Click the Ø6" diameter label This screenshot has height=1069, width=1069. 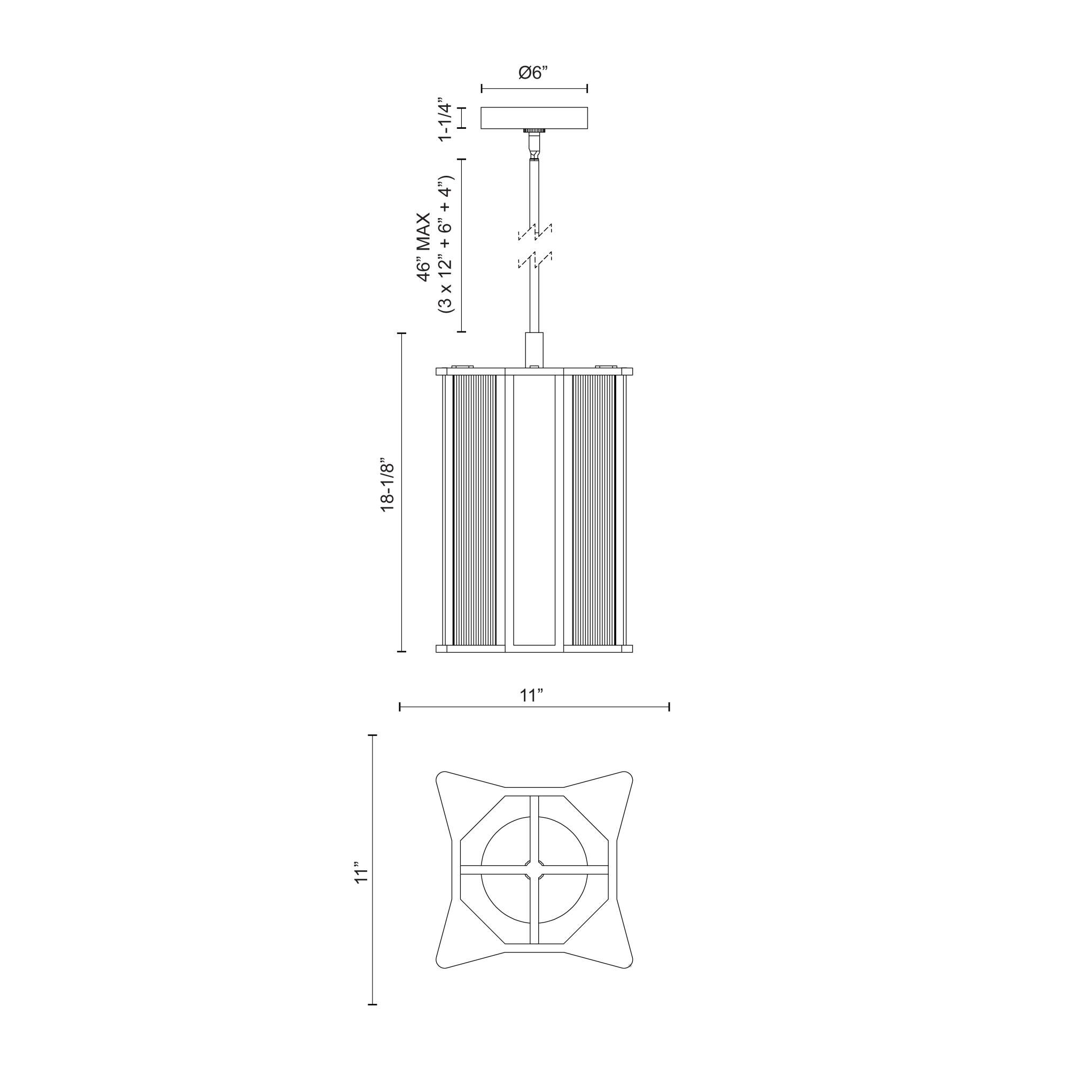pyautogui.click(x=533, y=73)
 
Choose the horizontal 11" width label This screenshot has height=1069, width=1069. pyautogui.click(x=531, y=695)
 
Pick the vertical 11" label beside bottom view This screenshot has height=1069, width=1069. pyautogui.click(x=361, y=887)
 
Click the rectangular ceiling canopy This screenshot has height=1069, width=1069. pyautogui.click(x=534, y=118)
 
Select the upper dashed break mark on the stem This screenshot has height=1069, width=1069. pyautogui.click(x=534, y=233)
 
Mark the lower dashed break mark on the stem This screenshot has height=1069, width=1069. pyautogui.click(x=534, y=260)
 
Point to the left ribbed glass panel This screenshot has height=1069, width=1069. pyautogui.click(x=474, y=509)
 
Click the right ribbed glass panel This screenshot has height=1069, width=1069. pyautogui.click(x=594, y=509)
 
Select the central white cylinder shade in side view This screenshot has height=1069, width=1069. pyautogui.click(x=534, y=509)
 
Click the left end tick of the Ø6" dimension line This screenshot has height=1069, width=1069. pyautogui.click(x=482, y=89)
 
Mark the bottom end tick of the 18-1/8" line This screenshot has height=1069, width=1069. pyautogui.click(x=402, y=652)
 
